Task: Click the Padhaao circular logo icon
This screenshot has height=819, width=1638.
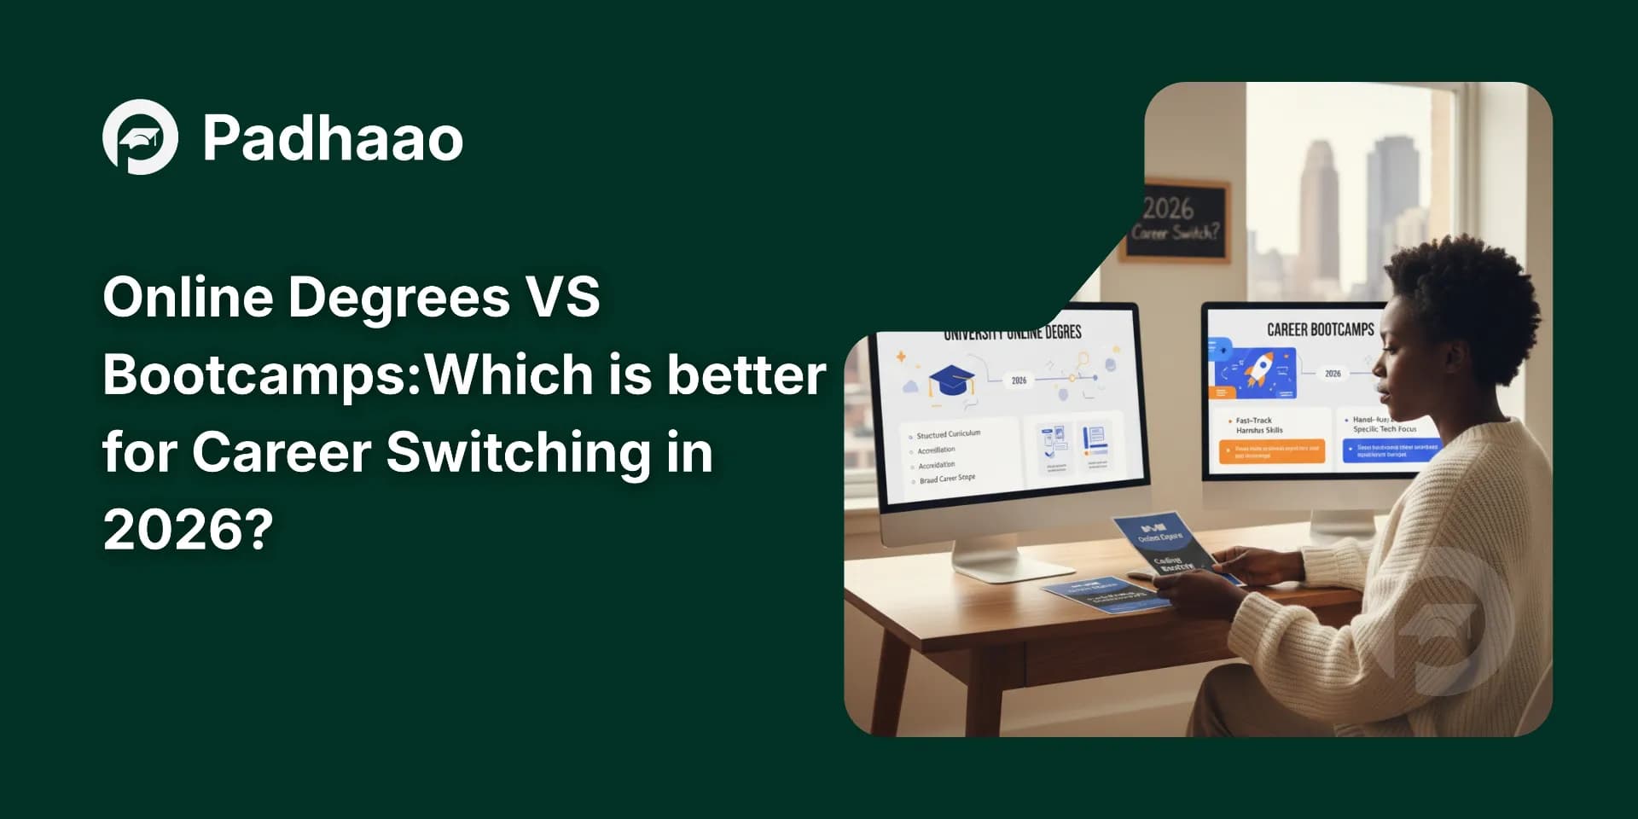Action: (x=140, y=137)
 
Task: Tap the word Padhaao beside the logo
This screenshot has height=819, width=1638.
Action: (x=333, y=139)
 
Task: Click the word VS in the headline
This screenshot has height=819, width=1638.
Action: (x=562, y=297)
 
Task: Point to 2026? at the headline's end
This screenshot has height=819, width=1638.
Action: (x=188, y=530)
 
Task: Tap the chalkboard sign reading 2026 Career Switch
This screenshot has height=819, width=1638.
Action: (x=1176, y=220)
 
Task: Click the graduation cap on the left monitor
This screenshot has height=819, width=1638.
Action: (x=950, y=380)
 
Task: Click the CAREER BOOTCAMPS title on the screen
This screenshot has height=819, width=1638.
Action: (x=1320, y=329)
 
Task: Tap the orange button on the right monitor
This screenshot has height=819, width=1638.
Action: (x=1272, y=452)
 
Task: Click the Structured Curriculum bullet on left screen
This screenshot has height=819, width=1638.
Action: (x=948, y=434)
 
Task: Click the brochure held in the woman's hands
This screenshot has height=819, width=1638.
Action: (x=1165, y=543)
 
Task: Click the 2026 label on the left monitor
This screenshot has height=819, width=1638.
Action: (x=1019, y=380)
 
